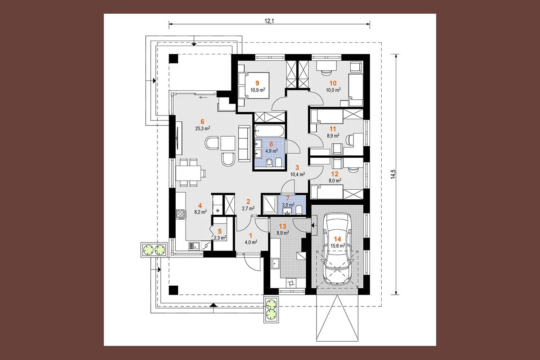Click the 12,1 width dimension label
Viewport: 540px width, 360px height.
(269, 21)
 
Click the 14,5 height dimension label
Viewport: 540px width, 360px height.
(393, 174)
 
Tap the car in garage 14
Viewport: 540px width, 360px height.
(337, 248)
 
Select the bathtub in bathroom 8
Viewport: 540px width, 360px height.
(270, 131)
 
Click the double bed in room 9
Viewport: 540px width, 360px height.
(254, 86)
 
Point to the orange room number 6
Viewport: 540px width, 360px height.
(202, 122)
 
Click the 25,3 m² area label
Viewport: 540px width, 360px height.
(203, 128)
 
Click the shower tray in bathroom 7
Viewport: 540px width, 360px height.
(270, 205)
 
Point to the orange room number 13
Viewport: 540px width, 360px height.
(282, 226)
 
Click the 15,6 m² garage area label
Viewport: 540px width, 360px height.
(337, 246)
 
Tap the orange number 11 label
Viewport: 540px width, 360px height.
(333, 129)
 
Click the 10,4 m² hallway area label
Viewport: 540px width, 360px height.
(297, 174)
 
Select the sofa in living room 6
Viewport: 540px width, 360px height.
(244, 143)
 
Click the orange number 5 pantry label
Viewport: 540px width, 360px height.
(220, 231)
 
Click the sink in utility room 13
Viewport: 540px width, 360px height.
(275, 264)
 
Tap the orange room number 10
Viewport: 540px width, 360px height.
(333, 83)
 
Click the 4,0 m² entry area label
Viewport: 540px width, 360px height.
(251, 242)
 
